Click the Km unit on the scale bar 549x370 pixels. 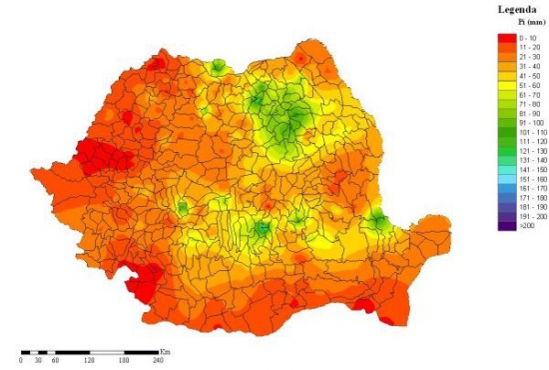164,351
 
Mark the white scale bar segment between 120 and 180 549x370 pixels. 108,353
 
